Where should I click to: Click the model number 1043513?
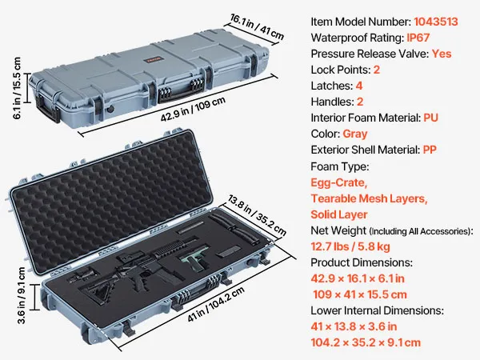[x=436, y=22]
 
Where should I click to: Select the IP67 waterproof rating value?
[x=418, y=38]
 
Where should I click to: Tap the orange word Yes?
[x=442, y=54]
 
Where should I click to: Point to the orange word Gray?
[x=354, y=134]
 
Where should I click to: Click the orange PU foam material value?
[x=430, y=118]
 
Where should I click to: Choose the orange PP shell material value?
[x=430, y=150]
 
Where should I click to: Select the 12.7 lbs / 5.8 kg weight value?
[x=350, y=246]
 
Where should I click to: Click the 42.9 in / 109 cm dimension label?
[x=194, y=109]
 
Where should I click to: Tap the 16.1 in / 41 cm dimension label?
[x=257, y=27]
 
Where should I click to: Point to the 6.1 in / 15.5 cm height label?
[x=17, y=88]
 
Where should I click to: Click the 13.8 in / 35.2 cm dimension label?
[x=257, y=216]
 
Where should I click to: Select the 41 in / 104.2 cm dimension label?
[x=216, y=304]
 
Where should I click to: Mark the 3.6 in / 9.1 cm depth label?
[x=21, y=295]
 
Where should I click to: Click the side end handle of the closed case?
[x=48, y=110]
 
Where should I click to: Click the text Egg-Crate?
[x=339, y=182]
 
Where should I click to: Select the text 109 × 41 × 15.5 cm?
[x=360, y=294]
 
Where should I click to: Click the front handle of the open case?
[x=196, y=291]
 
